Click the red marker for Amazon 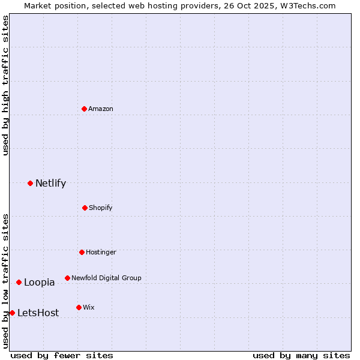tap(85, 109)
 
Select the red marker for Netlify tap(30, 183)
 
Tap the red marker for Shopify tap(85, 208)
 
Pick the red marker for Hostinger tap(82, 252)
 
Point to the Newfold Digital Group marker tap(67, 278)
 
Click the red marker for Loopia tap(19, 282)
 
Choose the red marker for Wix tap(79, 307)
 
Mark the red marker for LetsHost tap(12, 313)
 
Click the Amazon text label tap(101, 109)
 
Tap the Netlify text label tap(50, 183)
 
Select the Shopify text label tap(101, 208)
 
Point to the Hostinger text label tap(101, 252)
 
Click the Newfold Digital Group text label tap(106, 278)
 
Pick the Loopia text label tap(39, 282)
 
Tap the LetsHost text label tap(38, 313)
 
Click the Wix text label tap(89, 307)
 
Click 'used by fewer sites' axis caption tap(62, 355)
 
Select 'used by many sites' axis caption tap(301, 355)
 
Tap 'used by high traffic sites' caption tap(5, 85)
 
